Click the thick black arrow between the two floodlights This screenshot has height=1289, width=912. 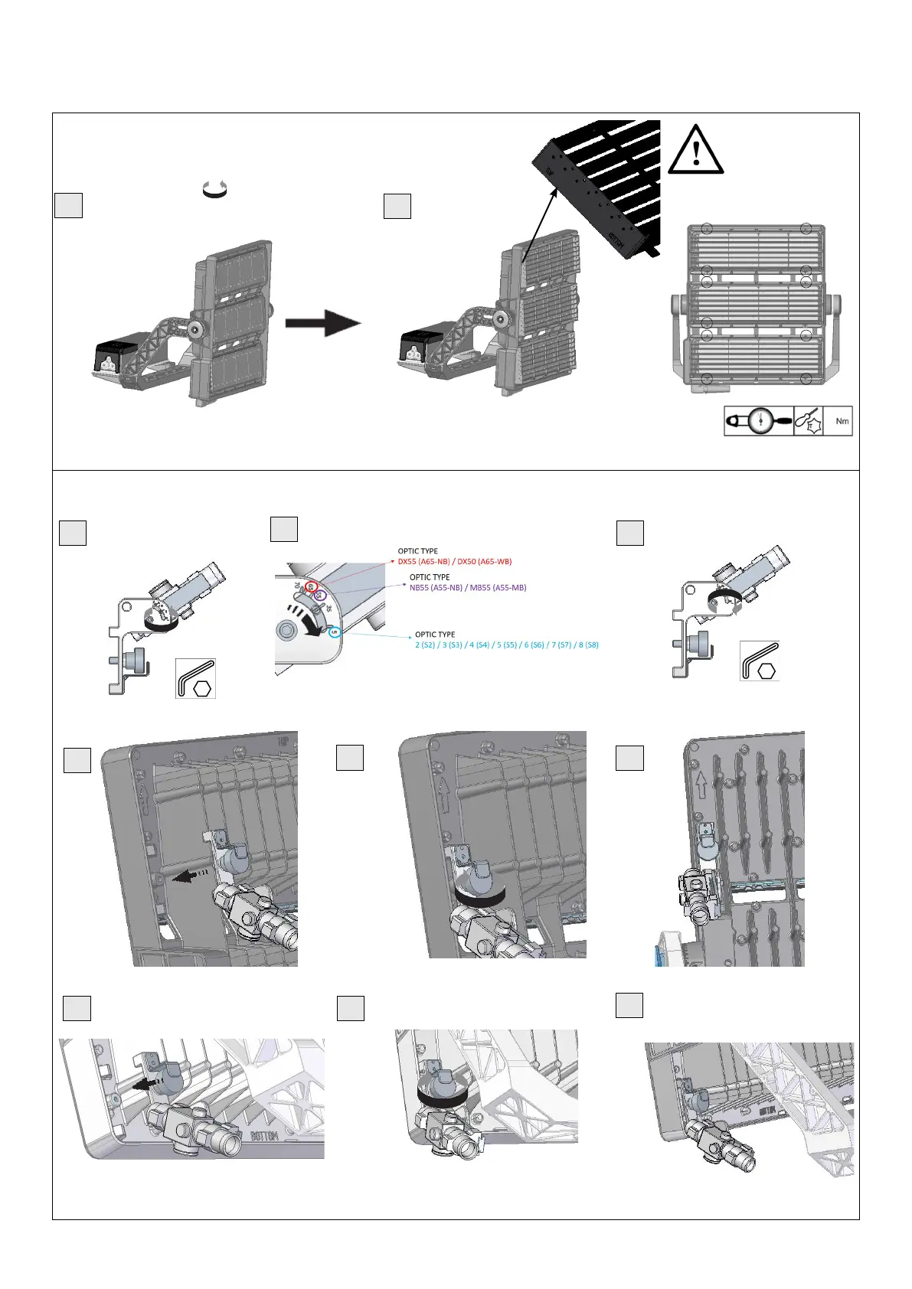pos(322,322)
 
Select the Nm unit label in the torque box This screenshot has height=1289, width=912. pos(842,421)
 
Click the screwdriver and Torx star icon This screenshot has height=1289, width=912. pos(809,421)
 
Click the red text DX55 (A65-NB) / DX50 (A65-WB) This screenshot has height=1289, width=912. pos(454,562)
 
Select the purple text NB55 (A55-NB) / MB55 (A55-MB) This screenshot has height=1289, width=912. pos(468,588)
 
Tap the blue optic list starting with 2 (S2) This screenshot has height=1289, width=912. pos(506,645)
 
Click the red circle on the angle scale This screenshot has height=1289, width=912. pos(311,586)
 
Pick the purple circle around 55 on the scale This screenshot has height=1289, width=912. pos(321,595)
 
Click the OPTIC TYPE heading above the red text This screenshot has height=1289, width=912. pos(417,551)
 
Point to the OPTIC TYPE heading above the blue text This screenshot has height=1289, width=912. pos(435,635)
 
